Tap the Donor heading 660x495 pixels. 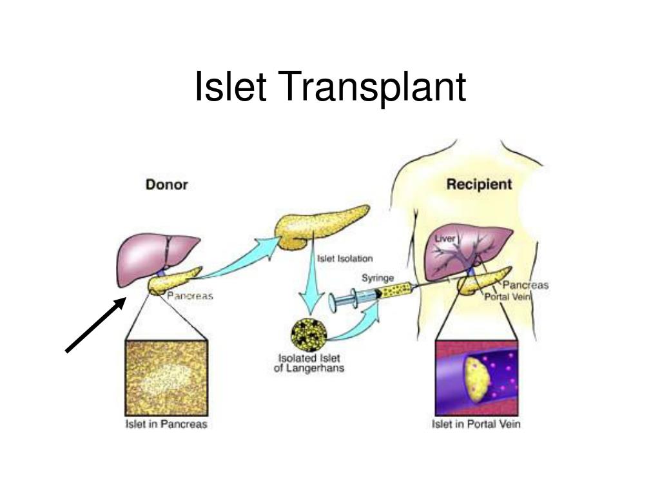pos(167,184)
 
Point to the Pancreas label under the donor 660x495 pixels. pos(190,296)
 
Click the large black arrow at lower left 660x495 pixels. pos(96,325)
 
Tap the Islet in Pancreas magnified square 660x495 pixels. pos(166,378)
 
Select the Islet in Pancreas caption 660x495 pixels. pos(166,424)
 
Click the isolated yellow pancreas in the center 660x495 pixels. pos(321,228)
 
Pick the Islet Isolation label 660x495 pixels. pos(345,258)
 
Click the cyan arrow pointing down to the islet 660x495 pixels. pos(311,282)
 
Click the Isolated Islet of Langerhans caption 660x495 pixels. pos(309,363)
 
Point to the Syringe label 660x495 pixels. pos(378,278)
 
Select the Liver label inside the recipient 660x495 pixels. pos(445,238)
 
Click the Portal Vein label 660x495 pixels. pos(508,296)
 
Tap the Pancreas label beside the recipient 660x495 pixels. pos(525,285)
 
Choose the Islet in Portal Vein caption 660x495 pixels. pos(476,424)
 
